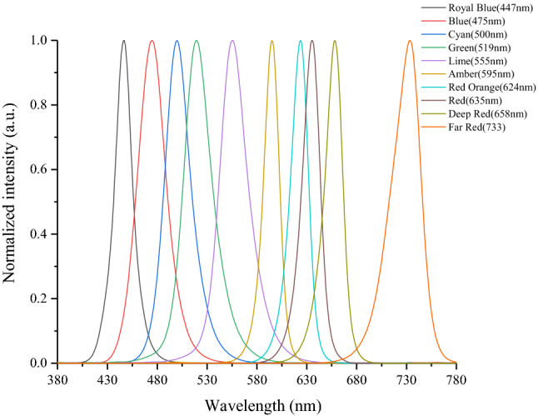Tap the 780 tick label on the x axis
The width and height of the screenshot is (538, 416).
(x=456, y=379)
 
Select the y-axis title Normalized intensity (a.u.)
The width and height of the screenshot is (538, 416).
(x=12, y=200)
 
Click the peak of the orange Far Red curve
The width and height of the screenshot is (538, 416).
(x=409, y=40)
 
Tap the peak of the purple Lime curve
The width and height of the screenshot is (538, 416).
(x=232, y=40)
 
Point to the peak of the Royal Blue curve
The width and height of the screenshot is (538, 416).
(x=124, y=40)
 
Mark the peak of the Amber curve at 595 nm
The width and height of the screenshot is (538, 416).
(x=271, y=40)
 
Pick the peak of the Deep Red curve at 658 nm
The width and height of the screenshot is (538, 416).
(x=335, y=40)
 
